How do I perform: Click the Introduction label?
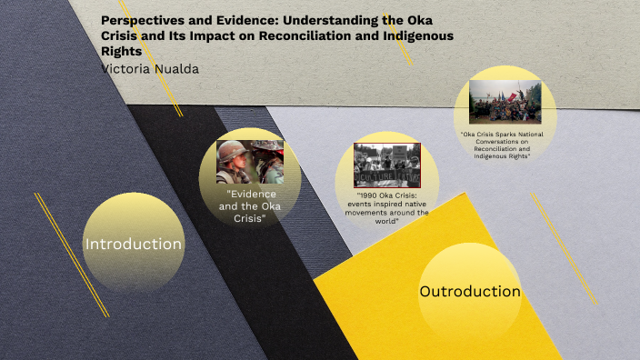tap(134, 244)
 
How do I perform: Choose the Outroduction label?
tap(469, 291)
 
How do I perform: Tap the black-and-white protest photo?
tap(386, 165)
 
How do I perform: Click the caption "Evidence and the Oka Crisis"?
tap(251, 206)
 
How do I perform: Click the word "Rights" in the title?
tap(121, 52)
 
